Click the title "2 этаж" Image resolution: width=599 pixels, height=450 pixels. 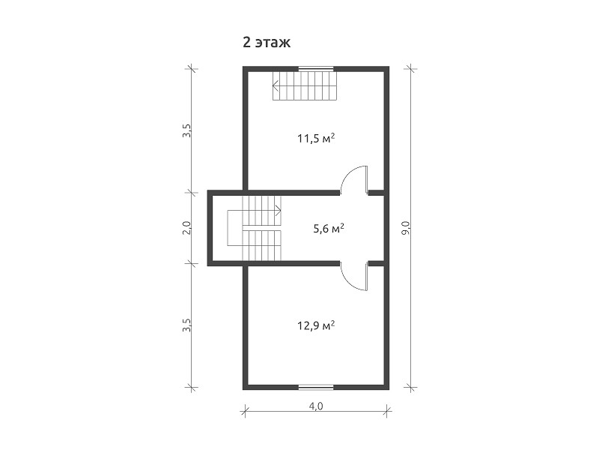pyautogui.click(x=267, y=42)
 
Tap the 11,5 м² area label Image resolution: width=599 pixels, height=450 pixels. pyautogui.click(x=316, y=138)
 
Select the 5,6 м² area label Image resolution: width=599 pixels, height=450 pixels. pyautogui.click(x=329, y=229)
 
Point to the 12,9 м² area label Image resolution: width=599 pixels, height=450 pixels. pyautogui.click(x=316, y=326)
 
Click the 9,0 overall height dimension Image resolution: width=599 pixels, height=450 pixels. pyautogui.click(x=406, y=228)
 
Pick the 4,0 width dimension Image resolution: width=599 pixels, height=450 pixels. pyautogui.click(x=316, y=406)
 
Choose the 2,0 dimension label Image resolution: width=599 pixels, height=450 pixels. pyautogui.click(x=186, y=228)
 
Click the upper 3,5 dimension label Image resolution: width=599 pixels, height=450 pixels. pyautogui.click(x=186, y=130)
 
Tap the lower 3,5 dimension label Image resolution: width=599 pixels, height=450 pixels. pyautogui.click(x=186, y=325)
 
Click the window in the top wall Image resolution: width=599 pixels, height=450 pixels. pyautogui.click(x=316, y=69)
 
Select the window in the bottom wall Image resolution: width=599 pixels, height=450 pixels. pyautogui.click(x=316, y=387)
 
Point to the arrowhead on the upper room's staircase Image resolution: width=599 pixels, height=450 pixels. pyautogui.click(x=275, y=85)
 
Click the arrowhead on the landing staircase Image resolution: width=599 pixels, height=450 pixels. pyautogui.click(x=279, y=210)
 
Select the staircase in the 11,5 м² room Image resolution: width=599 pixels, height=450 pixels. pyautogui.click(x=305, y=85)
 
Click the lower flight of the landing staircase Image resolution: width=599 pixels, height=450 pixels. pyautogui.click(x=261, y=245)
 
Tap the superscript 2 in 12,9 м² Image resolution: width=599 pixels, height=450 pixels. pyautogui.click(x=332, y=322)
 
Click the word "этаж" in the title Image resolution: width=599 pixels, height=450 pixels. pyautogui.click(x=273, y=43)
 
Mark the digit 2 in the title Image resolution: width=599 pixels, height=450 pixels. pyautogui.click(x=247, y=42)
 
